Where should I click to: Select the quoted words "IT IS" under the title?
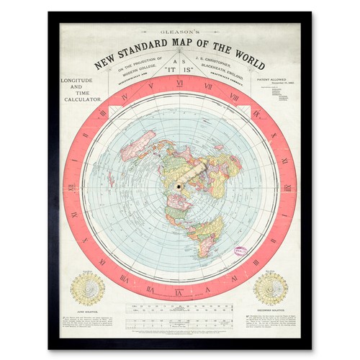[180, 71]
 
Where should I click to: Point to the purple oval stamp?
[238, 251]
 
